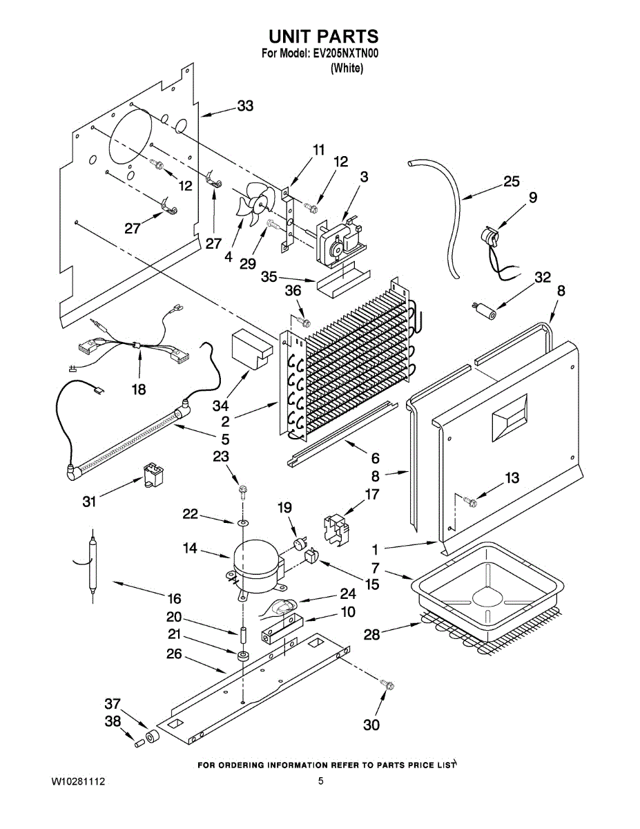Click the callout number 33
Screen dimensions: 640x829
(245, 106)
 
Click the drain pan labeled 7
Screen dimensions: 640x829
(488, 593)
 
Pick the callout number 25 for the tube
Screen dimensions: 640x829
(511, 181)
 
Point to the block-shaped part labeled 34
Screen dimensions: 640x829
(252, 350)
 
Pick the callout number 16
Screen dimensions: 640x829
(175, 598)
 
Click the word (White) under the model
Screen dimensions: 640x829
(347, 68)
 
